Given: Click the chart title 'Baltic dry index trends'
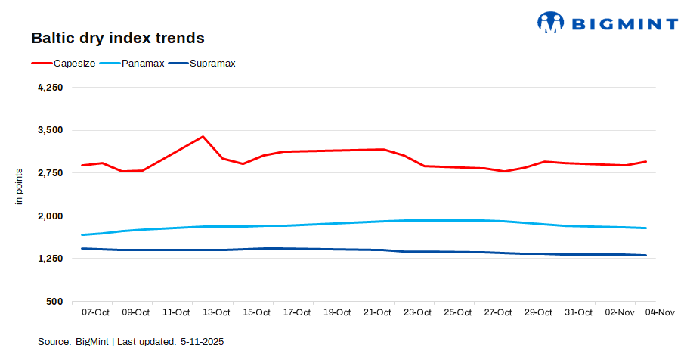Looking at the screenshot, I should pos(117,37).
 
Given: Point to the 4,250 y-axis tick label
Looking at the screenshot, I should pos(50,88).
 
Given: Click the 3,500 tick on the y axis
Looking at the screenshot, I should pos(50,130).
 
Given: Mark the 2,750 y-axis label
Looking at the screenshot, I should pos(50,173).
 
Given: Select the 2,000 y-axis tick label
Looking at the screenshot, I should pos(50,216).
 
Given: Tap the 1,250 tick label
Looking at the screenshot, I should pos(50,259).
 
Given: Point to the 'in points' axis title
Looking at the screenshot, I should pos(20,186).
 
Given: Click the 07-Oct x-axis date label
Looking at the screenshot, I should pos(95,312).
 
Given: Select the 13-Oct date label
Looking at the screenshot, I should pos(216,312).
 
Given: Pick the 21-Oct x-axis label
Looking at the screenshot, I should pos(377,312).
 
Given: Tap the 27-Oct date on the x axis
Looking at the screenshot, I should pos(498,312).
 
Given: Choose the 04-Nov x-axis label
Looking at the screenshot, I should pos(660,312).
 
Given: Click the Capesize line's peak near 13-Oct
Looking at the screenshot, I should pos(203,137).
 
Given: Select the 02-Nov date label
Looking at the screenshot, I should pos(619,312).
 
